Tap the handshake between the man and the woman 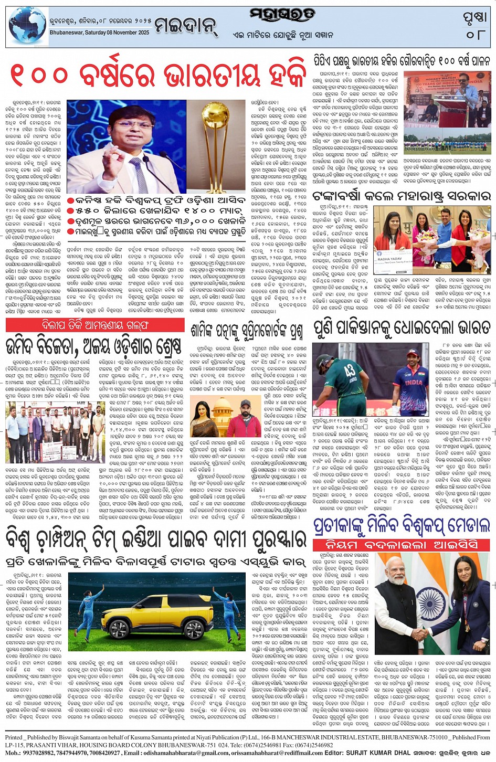tap(421, 634)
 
